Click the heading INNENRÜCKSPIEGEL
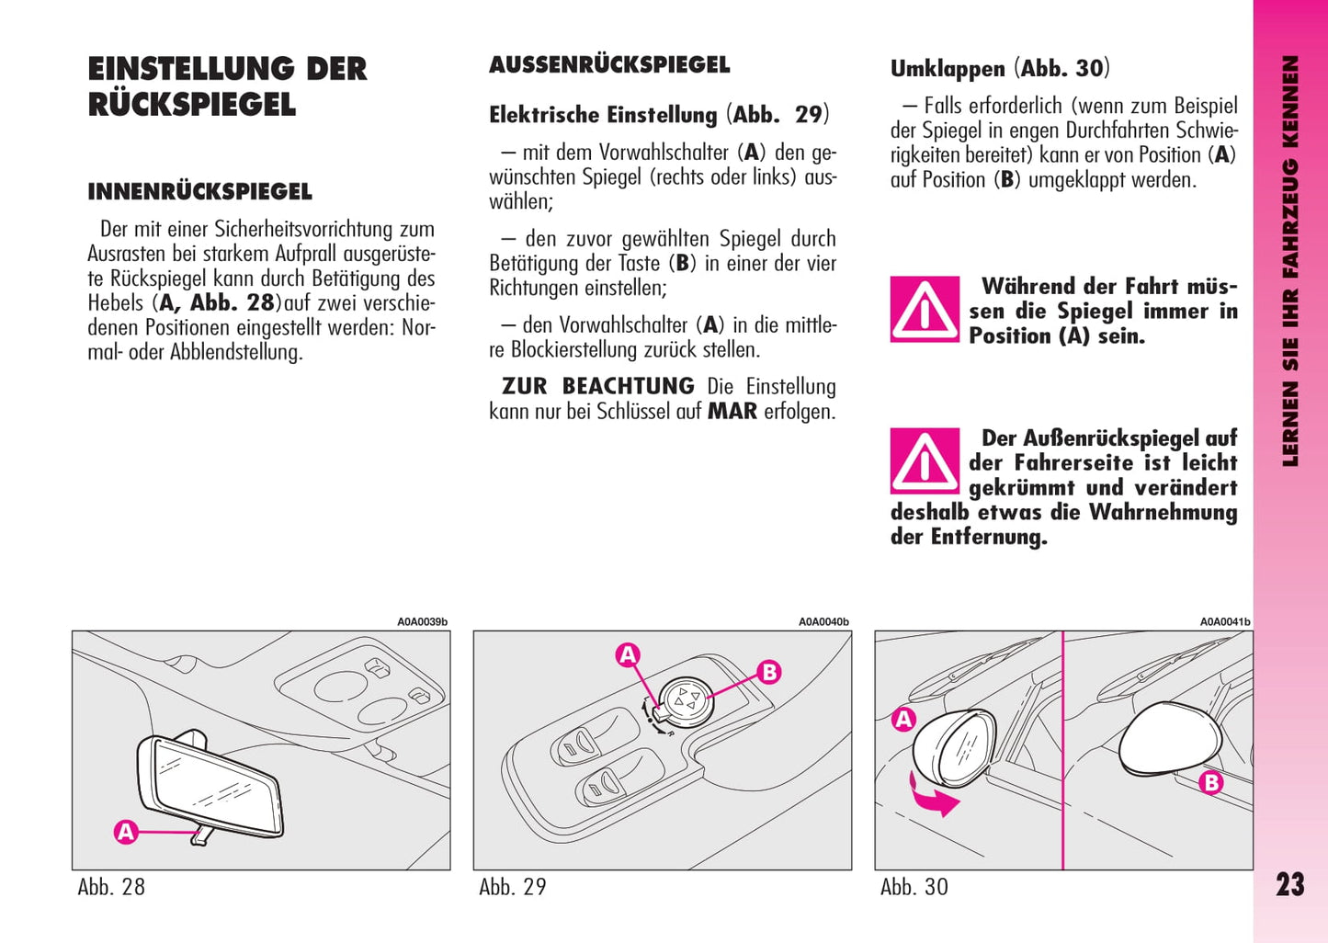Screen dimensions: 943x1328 (x=199, y=192)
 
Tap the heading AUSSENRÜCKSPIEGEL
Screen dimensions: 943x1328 (x=609, y=65)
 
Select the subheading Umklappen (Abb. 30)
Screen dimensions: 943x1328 (x=1000, y=69)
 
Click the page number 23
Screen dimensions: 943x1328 (x=1289, y=884)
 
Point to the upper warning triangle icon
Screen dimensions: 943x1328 (x=925, y=310)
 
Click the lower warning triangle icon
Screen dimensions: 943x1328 (x=925, y=461)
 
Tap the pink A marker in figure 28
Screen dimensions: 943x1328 (x=126, y=832)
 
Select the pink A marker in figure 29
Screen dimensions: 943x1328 (x=628, y=654)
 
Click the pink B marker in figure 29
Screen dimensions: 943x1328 (x=769, y=672)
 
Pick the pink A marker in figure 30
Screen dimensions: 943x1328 (x=904, y=719)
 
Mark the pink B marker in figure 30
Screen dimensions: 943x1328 (x=1211, y=783)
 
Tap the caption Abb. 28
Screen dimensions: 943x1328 (x=111, y=887)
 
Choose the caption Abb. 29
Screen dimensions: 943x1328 (x=513, y=887)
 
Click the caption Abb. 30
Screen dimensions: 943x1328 (x=914, y=887)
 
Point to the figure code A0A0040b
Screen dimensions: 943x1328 (x=823, y=622)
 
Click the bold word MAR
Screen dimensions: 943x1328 (x=732, y=412)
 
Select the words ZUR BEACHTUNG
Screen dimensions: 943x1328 (x=597, y=387)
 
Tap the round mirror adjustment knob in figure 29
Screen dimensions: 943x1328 (x=686, y=699)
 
